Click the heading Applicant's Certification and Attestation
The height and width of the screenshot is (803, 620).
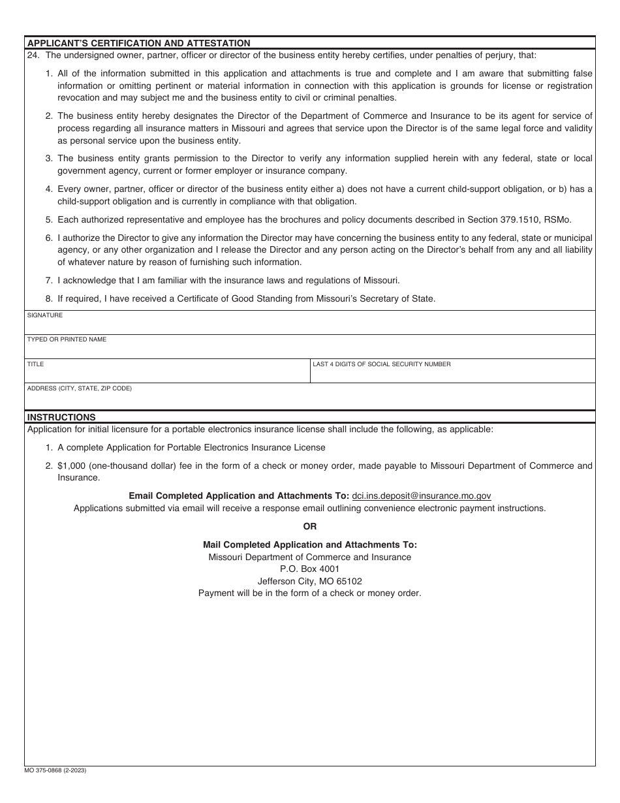tap(138, 43)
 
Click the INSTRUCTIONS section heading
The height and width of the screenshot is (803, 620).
tap(61, 417)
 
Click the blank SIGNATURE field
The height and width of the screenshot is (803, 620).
tap(310, 325)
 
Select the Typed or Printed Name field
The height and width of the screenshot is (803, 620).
tap(310, 349)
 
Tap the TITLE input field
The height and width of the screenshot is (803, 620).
tap(167, 373)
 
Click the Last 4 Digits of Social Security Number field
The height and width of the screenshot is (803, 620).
tap(452, 373)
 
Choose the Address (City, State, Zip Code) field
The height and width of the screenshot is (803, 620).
tap(310, 399)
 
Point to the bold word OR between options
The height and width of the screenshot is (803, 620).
tap(310, 526)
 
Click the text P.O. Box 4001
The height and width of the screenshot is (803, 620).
tap(310, 569)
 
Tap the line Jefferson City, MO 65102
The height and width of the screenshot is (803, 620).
tap(310, 581)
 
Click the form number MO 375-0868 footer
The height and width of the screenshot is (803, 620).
tap(55, 770)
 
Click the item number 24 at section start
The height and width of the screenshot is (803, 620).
tap(33, 55)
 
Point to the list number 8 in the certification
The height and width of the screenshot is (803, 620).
tap(49, 299)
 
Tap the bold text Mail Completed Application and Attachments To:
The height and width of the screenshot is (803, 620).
tap(310, 544)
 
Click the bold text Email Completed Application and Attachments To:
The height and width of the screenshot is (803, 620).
tap(239, 496)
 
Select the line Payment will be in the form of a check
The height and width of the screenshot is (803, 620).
tap(310, 593)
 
